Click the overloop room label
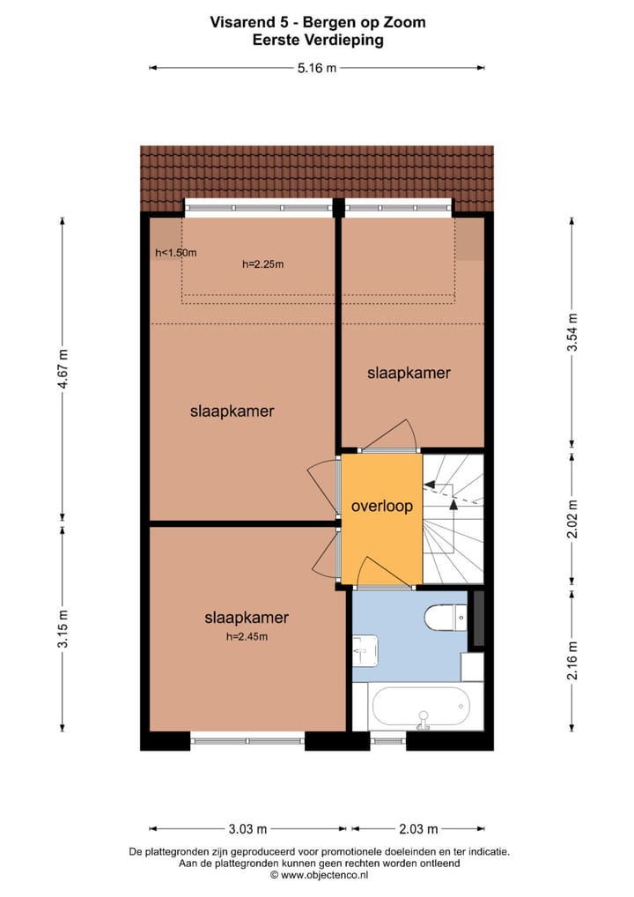click(x=381, y=507)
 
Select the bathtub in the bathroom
click(x=421, y=708)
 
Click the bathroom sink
click(x=365, y=650)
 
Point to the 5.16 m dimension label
click(x=317, y=67)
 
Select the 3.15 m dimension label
click(x=63, y=628)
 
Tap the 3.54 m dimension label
click(x=571, y=332)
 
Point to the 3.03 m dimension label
click(x=247, y=828)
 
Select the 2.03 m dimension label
click(x=417, y=828)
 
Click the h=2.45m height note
click(x=247, y=637)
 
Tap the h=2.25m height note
click(x=263, y=263)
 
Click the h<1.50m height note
click(x=175, y=253)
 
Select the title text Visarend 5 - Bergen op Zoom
click(x=317, y=22)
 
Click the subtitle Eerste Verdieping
click(x=317, y=40)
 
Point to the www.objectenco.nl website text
click(x=318, y=875)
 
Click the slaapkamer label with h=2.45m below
click(x=247, y=618)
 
